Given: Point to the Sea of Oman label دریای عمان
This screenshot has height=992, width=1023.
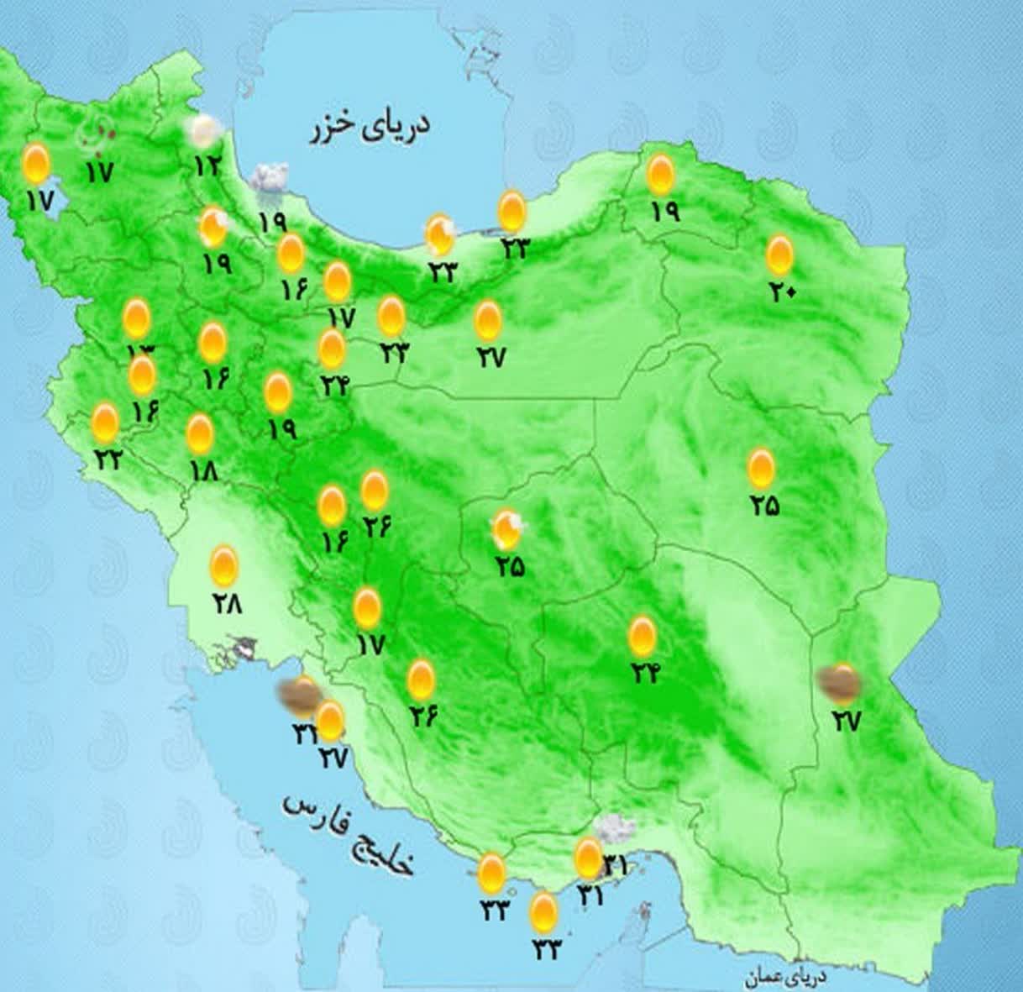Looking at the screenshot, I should [786, 978].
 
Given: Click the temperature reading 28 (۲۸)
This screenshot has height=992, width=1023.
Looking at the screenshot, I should [227, 602].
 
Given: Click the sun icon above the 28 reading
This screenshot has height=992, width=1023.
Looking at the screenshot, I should [224, 566].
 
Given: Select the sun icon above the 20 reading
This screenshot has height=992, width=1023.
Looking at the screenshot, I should [780, 255].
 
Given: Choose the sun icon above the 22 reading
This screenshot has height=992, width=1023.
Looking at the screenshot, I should [105, 423].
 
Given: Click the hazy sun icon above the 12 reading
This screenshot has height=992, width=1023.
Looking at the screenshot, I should [205, 131].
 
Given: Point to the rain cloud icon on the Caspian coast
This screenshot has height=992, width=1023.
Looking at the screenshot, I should [270, 179].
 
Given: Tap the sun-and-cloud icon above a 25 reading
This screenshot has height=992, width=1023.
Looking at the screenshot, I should [507, 528].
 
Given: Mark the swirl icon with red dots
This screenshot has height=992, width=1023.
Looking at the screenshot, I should [94, 134].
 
